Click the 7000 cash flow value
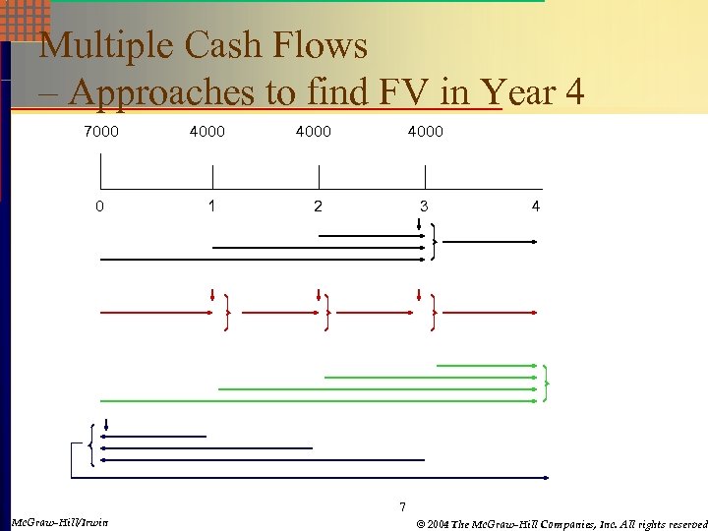point(100,131)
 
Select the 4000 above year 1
point(206,131)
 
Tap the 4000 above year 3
point(426,131)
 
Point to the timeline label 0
point(99,206)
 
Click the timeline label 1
point(211,206)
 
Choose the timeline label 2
point(317,206)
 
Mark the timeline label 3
point(424,206)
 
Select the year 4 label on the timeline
point(535,206)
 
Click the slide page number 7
point(401,506)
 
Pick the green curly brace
point(546,383)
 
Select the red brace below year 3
point(433,313)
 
